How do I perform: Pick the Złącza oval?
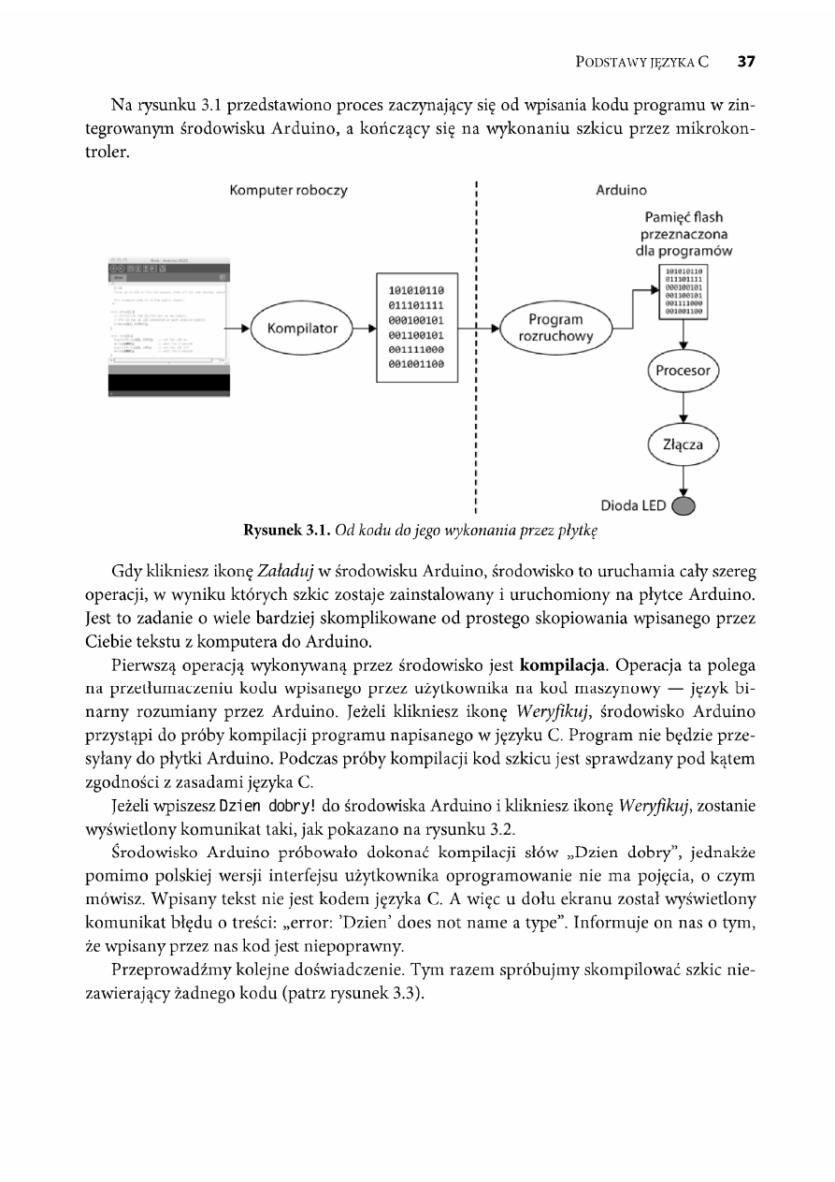[x=683, y=445]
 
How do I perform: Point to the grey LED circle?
[x=685, y=506]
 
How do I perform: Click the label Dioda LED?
[x=634, y=506]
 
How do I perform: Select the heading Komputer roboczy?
[x=289, y=191]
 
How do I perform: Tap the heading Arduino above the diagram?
[x=621, y=191]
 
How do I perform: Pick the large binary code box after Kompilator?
[x=416, y=328]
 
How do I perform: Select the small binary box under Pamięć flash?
[x=683, y=292]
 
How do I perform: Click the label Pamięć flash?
[x=683, y=217]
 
